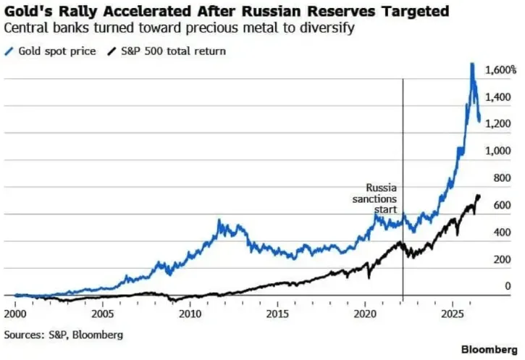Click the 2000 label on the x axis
[x=15, y=314]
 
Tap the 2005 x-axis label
[x=103, y=314]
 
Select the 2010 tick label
[x=190, y=314]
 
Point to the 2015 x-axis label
[x=277, y=314]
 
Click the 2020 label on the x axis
[x=365, y=314]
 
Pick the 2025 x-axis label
[x=453, y=314]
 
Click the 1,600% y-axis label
[x=501, y=70]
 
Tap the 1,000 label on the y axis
[x=498, y=151]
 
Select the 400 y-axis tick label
[x=503, y=232]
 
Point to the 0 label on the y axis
[x=508, y=286]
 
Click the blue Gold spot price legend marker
[x=9, y=51]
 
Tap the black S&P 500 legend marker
[x=112, y=51]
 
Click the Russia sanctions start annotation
[x=374, y=198]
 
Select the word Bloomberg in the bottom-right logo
[x=490, y=349]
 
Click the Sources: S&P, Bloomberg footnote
[x=64, y=335]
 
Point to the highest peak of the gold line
[x=472, y=64]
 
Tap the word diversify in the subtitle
[x=327, y=28]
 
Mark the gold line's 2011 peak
[x=219, y=220]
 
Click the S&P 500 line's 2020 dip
[x=369, y=277]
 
